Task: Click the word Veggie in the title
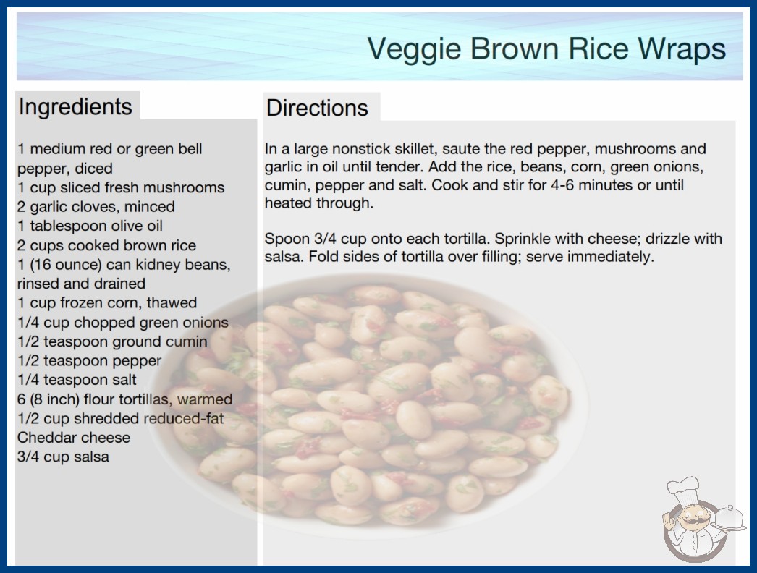click(x=414, y=49)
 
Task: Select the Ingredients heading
click(x=75, y=107)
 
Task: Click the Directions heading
click(x=317, y=108)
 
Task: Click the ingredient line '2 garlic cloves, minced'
click(x=96, y=207)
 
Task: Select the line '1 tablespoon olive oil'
click(x=90, y=226)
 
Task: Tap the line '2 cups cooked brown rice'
click(x=106, y=245)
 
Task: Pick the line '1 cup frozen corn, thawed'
click(x=107, y=302)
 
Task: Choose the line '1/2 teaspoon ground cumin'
click(x=112, y=341)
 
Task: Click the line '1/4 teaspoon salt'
click(x=77, y=380)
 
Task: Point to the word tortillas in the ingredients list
click(x=134, y=399)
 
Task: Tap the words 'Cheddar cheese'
click(x=74, y=438)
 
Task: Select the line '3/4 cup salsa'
click(x=63, y=457)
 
